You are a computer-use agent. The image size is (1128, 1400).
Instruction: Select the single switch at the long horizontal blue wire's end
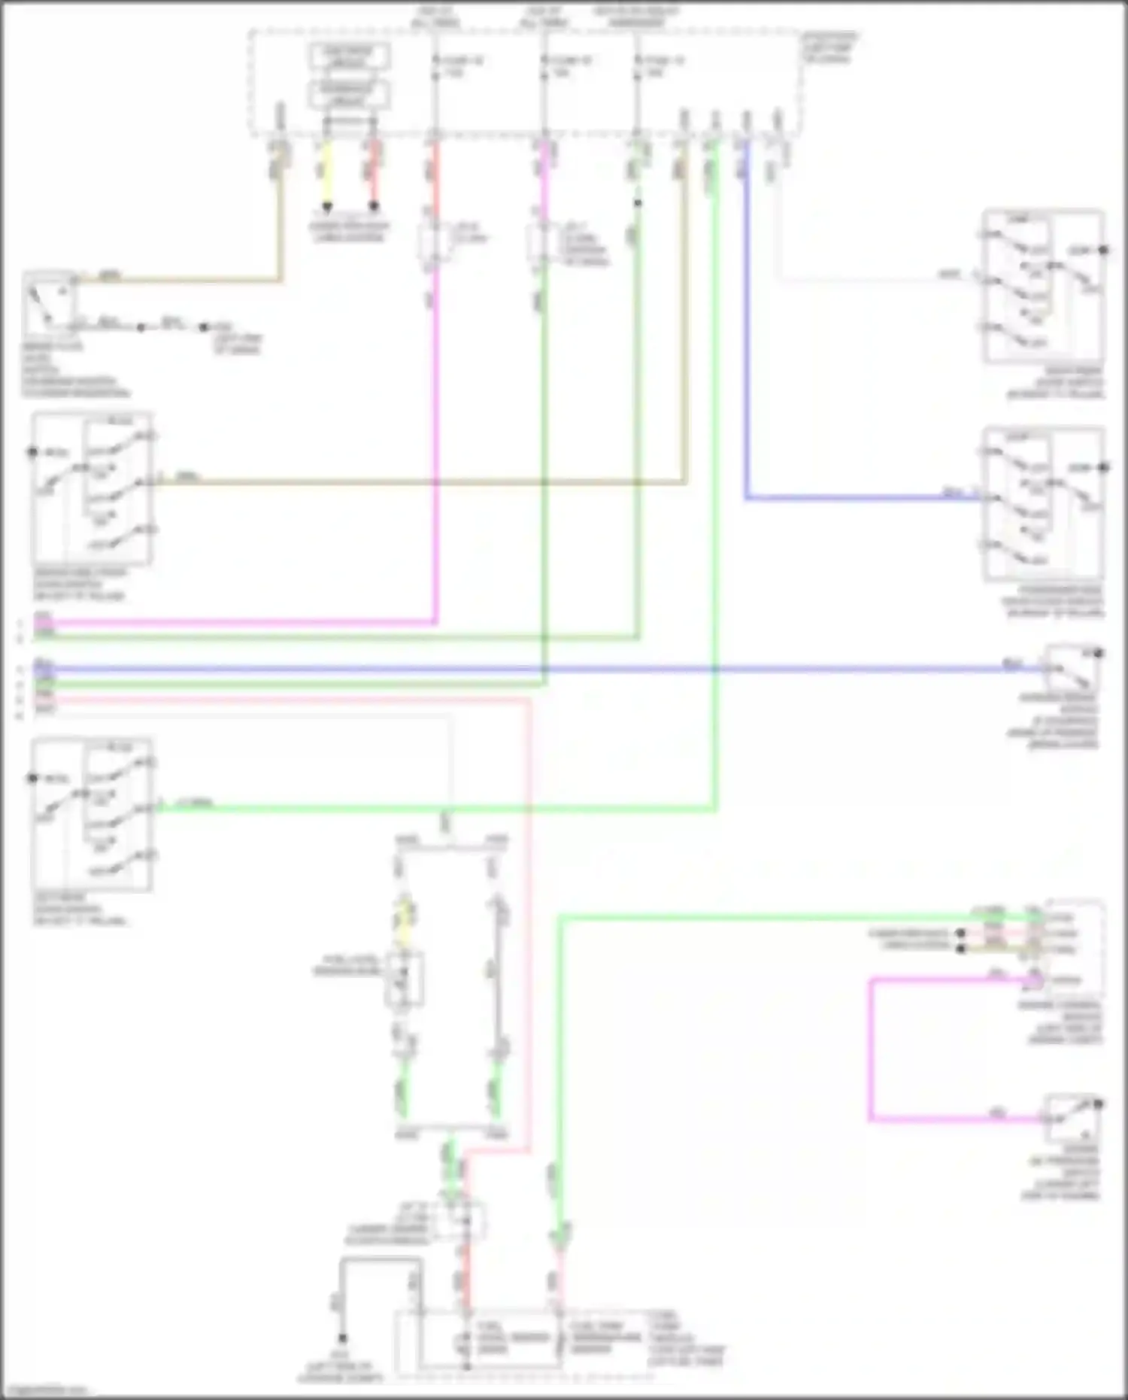[x=1072, y=667]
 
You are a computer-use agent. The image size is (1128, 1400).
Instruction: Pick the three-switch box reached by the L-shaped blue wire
[x=1043, y=503]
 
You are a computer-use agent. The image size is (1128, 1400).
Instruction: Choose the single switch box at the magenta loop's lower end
[x=1072, y=1119]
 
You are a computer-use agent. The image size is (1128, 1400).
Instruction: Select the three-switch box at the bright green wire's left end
[x=92, y=814]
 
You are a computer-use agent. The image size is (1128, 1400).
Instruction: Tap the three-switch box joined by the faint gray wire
[x=1043, y=287]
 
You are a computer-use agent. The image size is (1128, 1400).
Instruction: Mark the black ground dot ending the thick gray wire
[x=342, y=1338]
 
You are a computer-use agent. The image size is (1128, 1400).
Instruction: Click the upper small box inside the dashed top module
[x=349, y=56]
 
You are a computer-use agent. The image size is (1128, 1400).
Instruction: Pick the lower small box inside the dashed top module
[x=349, y=93]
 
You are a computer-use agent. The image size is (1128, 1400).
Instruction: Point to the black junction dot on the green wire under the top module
[x=638, y=203]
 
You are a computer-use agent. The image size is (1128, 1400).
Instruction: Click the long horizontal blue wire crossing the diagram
[x=526, y=668]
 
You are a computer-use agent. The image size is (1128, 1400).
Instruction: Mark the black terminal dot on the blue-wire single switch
[x=1099, y=653]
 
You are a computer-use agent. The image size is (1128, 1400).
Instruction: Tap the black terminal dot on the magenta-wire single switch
[x=1099, y=1104]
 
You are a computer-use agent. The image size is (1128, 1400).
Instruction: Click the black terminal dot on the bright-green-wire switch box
[x=32, y=778]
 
